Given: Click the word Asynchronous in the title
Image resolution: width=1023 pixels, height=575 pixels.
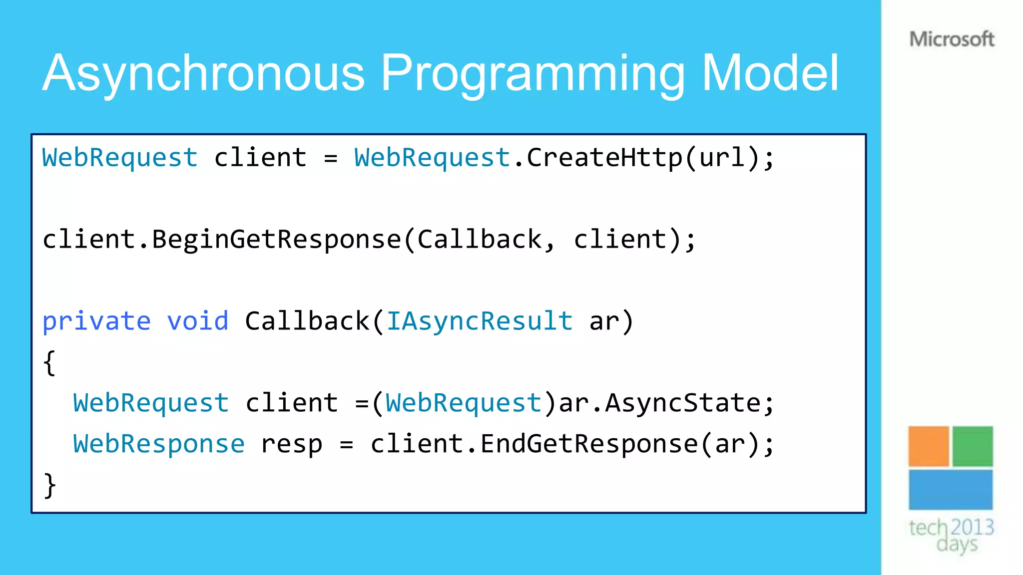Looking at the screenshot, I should tap(203, 74).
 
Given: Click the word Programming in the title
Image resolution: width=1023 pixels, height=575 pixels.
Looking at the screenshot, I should tap(533, 74).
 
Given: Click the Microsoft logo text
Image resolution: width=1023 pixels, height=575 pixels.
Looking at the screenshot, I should tap(952, 39).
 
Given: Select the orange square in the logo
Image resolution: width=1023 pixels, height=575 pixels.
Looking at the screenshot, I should tap(928, 446).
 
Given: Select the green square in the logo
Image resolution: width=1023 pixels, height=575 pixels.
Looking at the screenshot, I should tap(973, 446).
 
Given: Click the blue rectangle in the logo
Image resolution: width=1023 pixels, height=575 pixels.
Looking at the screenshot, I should tap(950, 490).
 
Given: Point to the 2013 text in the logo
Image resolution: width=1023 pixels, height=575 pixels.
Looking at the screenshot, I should tap(972, 527).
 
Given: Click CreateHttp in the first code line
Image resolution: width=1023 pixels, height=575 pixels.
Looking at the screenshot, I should tap(604, 158).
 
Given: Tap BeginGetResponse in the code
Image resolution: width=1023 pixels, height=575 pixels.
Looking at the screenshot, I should tap(277, 239).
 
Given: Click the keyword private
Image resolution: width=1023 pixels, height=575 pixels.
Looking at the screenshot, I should tap(96, 321).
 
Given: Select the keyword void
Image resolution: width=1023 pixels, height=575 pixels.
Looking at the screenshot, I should tap(198, 321).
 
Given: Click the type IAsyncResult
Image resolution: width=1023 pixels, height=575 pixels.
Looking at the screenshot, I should tap(480, 321).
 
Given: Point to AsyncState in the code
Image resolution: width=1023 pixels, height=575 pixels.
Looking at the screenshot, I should tap(683, 403).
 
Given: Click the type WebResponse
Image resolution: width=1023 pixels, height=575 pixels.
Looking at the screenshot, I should tap(159, 444).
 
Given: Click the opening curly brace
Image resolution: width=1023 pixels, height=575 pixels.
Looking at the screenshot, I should tap(49, 363).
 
